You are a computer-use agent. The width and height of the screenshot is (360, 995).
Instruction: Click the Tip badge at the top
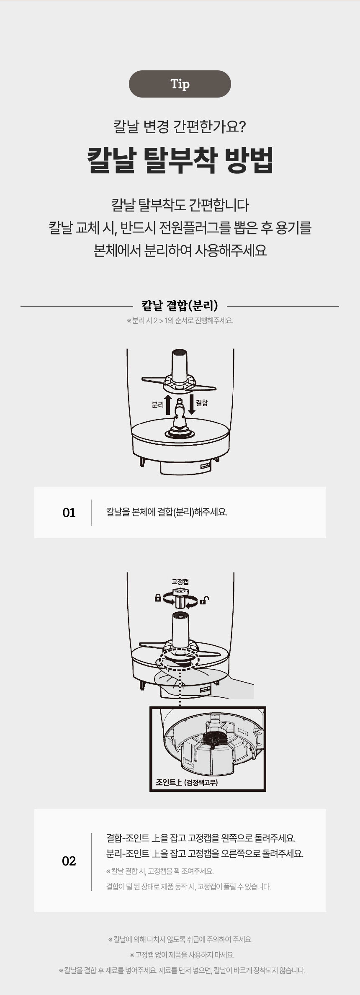click(x=180, y=84)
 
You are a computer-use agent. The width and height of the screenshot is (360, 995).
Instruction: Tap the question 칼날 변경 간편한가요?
click(x=180, y=126)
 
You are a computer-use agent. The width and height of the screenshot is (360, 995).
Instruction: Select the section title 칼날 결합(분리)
click(x=180, y=306)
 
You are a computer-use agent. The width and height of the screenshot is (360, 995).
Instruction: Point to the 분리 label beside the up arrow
click(x=157, y=405)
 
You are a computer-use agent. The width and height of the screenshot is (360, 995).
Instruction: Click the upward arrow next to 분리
click(x=168, y=404)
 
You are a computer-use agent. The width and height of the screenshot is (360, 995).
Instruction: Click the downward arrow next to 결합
click(x=191, y=404)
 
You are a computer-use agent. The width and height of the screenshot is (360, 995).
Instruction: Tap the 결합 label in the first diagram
click(x=202, y=402)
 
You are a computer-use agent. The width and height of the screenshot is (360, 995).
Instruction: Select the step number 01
click(x=69, y=513)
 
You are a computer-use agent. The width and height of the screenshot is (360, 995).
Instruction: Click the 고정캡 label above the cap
click(x=180, y=581)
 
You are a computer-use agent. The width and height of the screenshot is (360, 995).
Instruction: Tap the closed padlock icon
click(x=158, y=598)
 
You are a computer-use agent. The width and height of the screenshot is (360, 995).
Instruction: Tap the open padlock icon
click(x=203, y=601)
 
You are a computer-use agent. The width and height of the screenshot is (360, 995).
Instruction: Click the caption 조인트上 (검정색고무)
click(x=187, y=782)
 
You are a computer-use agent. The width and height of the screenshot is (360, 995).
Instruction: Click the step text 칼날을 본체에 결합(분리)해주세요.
click(x=167, y=512)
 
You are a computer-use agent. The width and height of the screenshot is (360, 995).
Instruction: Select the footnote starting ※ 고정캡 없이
click(x=182, y=955)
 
